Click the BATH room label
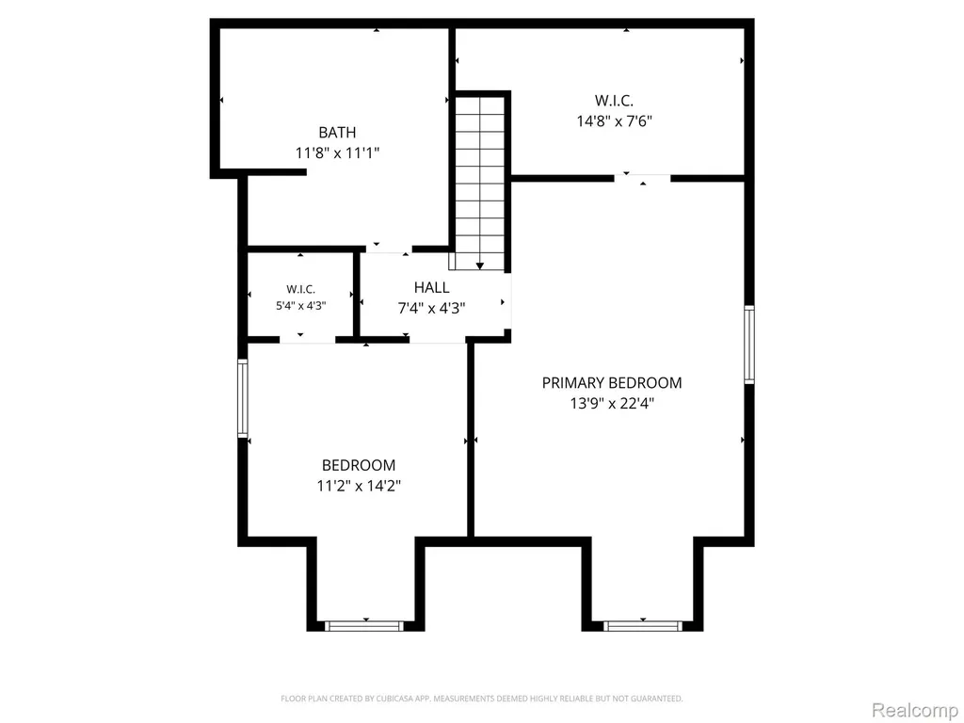click(337, 132)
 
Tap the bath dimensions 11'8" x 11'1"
click(337, 153)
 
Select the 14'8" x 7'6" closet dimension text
click(614, 120)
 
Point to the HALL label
click(431, 287)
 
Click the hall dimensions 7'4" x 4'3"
click(431, 308)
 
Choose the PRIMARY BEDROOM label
click(612, 382)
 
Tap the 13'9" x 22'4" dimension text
click(612, 403)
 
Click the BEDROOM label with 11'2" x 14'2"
click(359, 465)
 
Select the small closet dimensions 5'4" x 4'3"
click(300, 306)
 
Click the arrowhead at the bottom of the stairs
click(479, 265)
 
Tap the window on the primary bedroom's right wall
click(748, 345)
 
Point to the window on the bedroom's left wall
click(243, 398)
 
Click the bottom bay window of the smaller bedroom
click(364, 626)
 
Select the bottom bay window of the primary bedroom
click(642, 626)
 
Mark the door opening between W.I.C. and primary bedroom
click(642, 178)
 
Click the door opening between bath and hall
click(389, 249)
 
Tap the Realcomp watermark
click(914, 710)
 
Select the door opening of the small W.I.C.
click(308, 339)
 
